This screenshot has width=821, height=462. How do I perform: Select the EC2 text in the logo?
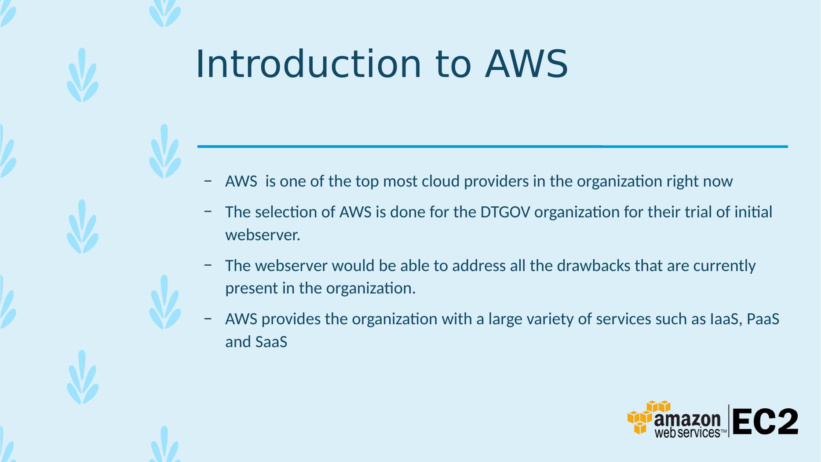(765, 422)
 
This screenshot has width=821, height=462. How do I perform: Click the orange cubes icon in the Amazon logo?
(648, 417)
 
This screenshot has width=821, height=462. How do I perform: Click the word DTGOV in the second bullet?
(505, 212)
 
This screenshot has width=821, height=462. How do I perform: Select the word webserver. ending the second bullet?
(263, 235)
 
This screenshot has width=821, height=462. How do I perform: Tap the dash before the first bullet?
(208, 181)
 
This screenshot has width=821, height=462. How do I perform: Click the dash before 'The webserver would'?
(208, 265)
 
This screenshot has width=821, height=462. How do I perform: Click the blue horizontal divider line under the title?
(493, 146)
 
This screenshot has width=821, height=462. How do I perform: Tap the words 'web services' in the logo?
(687, 433)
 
